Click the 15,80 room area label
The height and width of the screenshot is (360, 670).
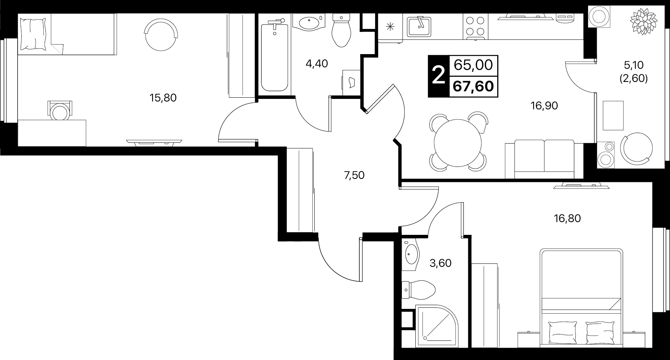click(163, 98)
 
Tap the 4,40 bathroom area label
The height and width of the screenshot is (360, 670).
click(317, 64)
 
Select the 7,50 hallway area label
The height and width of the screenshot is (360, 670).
click(354, 175)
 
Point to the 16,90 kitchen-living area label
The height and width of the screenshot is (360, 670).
click(544, 106)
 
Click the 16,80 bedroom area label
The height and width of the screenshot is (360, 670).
click(567, 218)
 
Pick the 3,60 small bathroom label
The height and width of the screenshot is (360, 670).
click(441, 263)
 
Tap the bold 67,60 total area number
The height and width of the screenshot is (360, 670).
click(473, 86)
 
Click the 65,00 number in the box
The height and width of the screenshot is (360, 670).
click(473, 65)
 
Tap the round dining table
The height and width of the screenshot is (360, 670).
click(457, 143)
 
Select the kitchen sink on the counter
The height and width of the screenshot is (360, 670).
click(419, 26)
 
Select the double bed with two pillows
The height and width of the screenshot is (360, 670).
click(581, 298)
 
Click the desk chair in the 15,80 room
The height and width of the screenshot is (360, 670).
click(60, 110)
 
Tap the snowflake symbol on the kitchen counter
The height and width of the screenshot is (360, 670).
click(390, 26)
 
